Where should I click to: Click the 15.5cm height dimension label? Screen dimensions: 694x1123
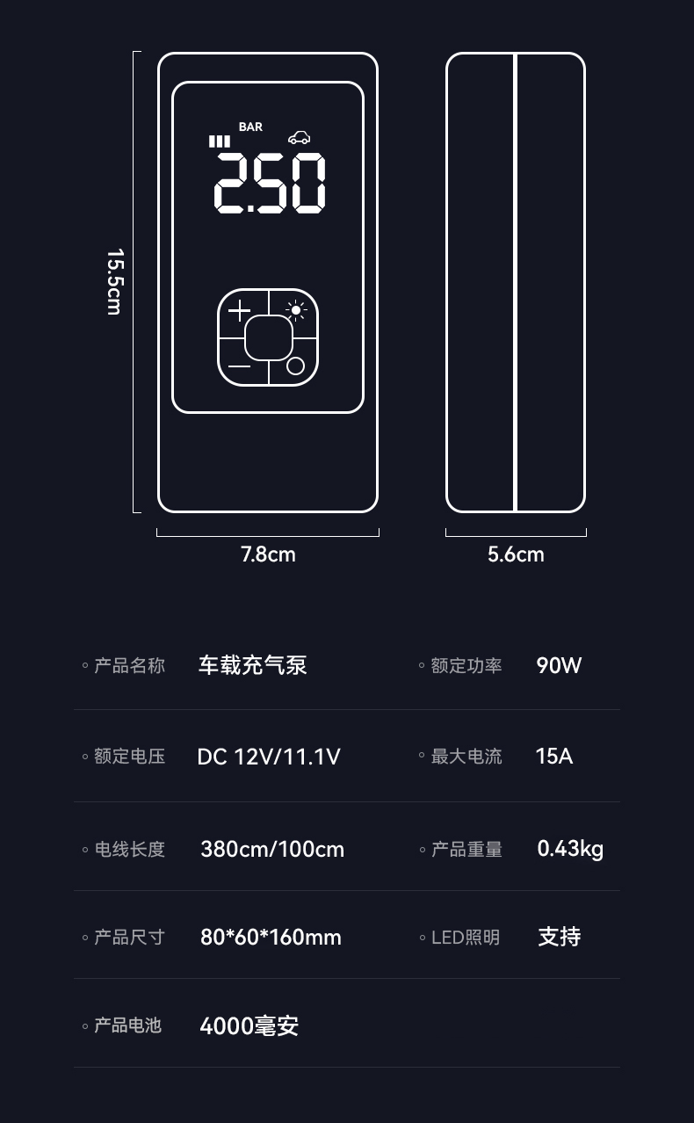pyautogui.click(x=113, y=281)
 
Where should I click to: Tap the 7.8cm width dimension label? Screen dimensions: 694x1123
pyautogui.click(x=268, y=554)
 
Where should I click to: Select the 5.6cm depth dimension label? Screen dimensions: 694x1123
pyautogui.click(x=516, y=554)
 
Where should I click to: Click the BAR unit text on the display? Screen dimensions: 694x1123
pyautogui.click(x=250, y=127)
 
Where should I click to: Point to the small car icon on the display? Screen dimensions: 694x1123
pyautogui.click(x=299, y=137)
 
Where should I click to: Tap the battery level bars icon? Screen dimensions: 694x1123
pyautogui.click(x=219, y=141)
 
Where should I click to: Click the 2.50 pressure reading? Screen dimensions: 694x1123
pyautogui.click(x=270, y=183)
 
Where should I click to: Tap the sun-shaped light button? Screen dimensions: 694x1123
pyautogui.click(x=296, y=309)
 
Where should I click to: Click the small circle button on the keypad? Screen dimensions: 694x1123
pyautogui.click(x=296, y=366)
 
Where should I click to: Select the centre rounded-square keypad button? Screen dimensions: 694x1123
pyautogui.click(x=268, y=337)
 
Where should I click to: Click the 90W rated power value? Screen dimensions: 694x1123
pyautogui.click(x=559, y=665)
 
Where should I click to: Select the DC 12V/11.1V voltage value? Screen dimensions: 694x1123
pyautogui.click(x=268, y=757)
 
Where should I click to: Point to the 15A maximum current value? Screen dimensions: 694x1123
pyautogui.click(x=553, y=757)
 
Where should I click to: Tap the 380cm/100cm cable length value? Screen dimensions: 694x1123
pyautogui.click(x=272, y=850)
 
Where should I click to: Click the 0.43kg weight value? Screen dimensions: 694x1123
pyautogui.click(x=570, y=849)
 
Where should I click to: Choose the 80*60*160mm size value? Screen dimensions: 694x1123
pyautogui.click(x=271, y=938)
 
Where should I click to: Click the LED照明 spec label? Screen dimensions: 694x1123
pyautogui.click(x=465, y=938)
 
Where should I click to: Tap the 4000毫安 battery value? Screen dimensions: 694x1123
pyautogui.click(x=249, y=1025)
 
